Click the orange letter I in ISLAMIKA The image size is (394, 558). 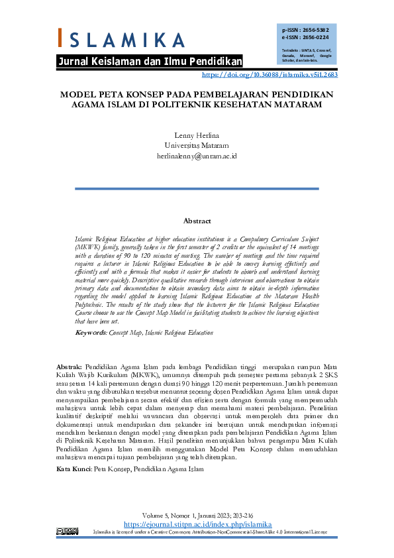(x=61, y=38)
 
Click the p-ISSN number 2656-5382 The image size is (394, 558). (x=315, y=30)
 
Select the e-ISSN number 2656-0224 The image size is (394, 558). (x=315, y=38)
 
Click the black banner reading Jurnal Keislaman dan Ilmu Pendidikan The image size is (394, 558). (x=150, y=62)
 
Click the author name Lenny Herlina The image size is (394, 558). (x=197, y=135)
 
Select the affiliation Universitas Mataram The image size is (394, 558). (x=197, y=145)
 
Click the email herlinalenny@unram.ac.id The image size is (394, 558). (x=197, y=155)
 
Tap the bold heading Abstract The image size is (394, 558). (x=197, y=221)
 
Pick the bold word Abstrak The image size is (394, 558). (x=69, y=366)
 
